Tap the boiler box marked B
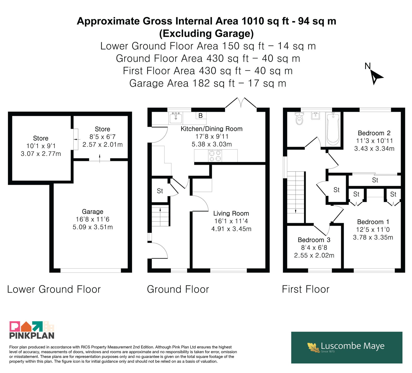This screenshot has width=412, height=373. (x=201, y=116)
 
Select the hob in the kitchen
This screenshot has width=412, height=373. (x=215, y=156)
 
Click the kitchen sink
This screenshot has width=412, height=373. (x=176, y=118)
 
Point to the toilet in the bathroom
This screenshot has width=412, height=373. (x=299, y=118)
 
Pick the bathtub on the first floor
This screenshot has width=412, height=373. (x=333, y=129)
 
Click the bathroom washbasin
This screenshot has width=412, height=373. (x=315, y=116)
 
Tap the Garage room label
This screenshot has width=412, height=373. (x=93, y=212)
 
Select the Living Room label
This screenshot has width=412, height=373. (x=231, y=213)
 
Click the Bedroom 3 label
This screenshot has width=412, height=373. (x=314, y=240)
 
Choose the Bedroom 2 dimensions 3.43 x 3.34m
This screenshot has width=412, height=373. (x=374, y=149)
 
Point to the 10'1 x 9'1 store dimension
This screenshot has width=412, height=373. (x=41, y=146)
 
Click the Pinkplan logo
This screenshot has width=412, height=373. (x=32, y=330)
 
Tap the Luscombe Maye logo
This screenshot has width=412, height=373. (x=347, y=348)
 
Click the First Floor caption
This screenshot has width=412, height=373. (x=306, y=289)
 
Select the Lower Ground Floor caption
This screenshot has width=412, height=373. (x=54, y=289)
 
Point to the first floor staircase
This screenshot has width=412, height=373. (x=296, y=197)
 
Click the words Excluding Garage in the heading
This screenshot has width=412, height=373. (x=207, y=33)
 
